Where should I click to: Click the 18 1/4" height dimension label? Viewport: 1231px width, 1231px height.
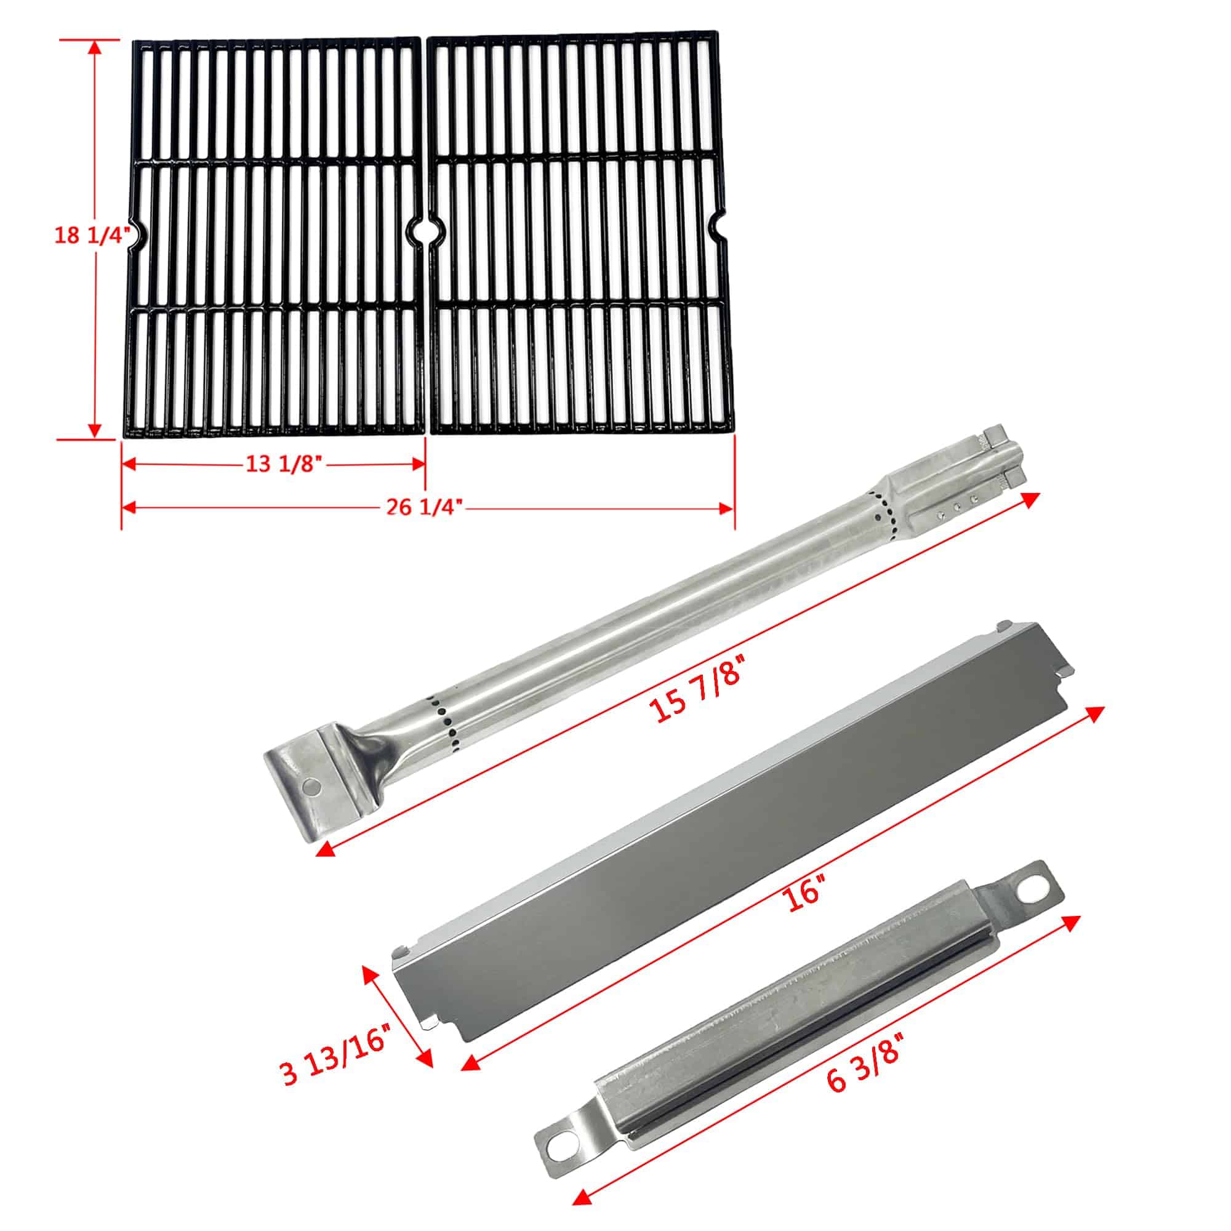(92, 235)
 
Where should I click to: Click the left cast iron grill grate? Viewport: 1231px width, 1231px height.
(275, 236)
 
